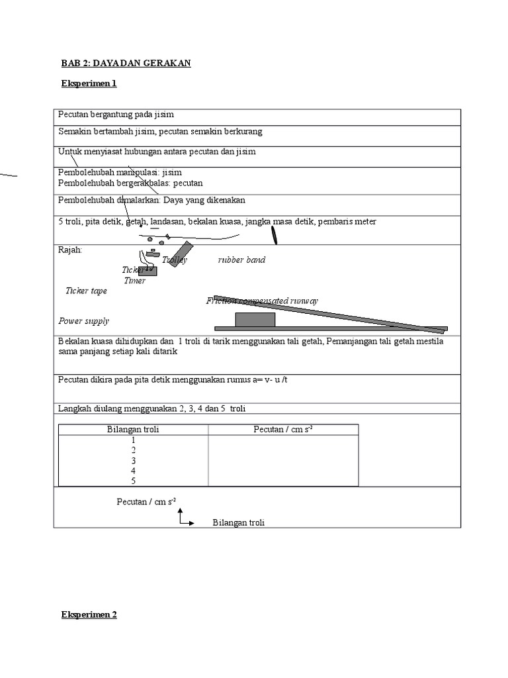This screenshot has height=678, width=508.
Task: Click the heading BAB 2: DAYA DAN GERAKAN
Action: (x=126, y=63)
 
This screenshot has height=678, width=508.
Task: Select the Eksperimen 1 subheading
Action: (x=89, y=84)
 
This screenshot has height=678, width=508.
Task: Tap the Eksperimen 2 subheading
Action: (x=89, y=614)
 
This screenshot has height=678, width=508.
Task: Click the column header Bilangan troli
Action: (x=133, y=430)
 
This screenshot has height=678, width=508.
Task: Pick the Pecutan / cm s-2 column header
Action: (x=283, y=430)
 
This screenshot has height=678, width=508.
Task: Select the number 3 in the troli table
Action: (x=133, y=460)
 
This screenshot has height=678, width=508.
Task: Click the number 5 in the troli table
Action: (x=133, y=481)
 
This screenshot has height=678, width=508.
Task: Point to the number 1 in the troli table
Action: (x=133, y=440)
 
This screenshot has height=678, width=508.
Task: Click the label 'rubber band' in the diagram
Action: (x=241, y=260)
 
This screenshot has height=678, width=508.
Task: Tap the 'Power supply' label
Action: (x=83, y=321)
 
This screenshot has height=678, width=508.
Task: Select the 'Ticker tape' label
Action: (x=86, y=291)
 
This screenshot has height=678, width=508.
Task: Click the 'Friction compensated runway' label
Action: (x=262, y=301)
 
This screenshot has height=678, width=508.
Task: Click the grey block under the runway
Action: (x=255, y=320)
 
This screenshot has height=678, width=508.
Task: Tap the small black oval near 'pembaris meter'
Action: (x=273, y=235)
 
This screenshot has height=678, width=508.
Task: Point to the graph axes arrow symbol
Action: (x=185, y=518)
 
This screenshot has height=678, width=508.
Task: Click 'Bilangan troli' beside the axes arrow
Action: (x=238, y=523)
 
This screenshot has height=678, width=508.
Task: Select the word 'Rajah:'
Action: (x=70, y=250)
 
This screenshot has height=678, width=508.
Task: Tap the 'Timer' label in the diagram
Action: (x=135, y=281)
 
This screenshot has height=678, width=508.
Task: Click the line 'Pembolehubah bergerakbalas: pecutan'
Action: (x=130, y=183)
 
